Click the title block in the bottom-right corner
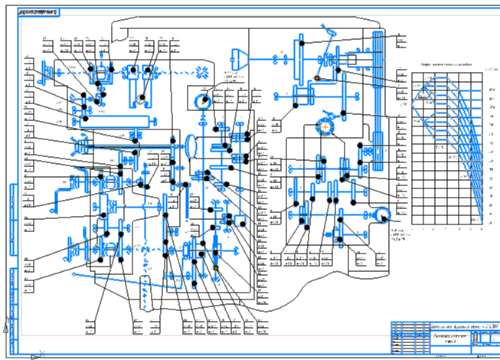pyautogui.click(x=443, y=337)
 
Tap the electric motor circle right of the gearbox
pyautogui.click(x=382, y=214)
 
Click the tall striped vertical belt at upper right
pyautogui.click(x=377, y=92)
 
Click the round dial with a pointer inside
pyautogui.click(x=203, y=100)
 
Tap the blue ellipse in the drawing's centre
pyautogui.click(x=192, y=146)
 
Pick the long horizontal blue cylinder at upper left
pyautogui.click(x=123, y=120)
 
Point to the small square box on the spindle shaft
pyautogui.click(x=354, y=59)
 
